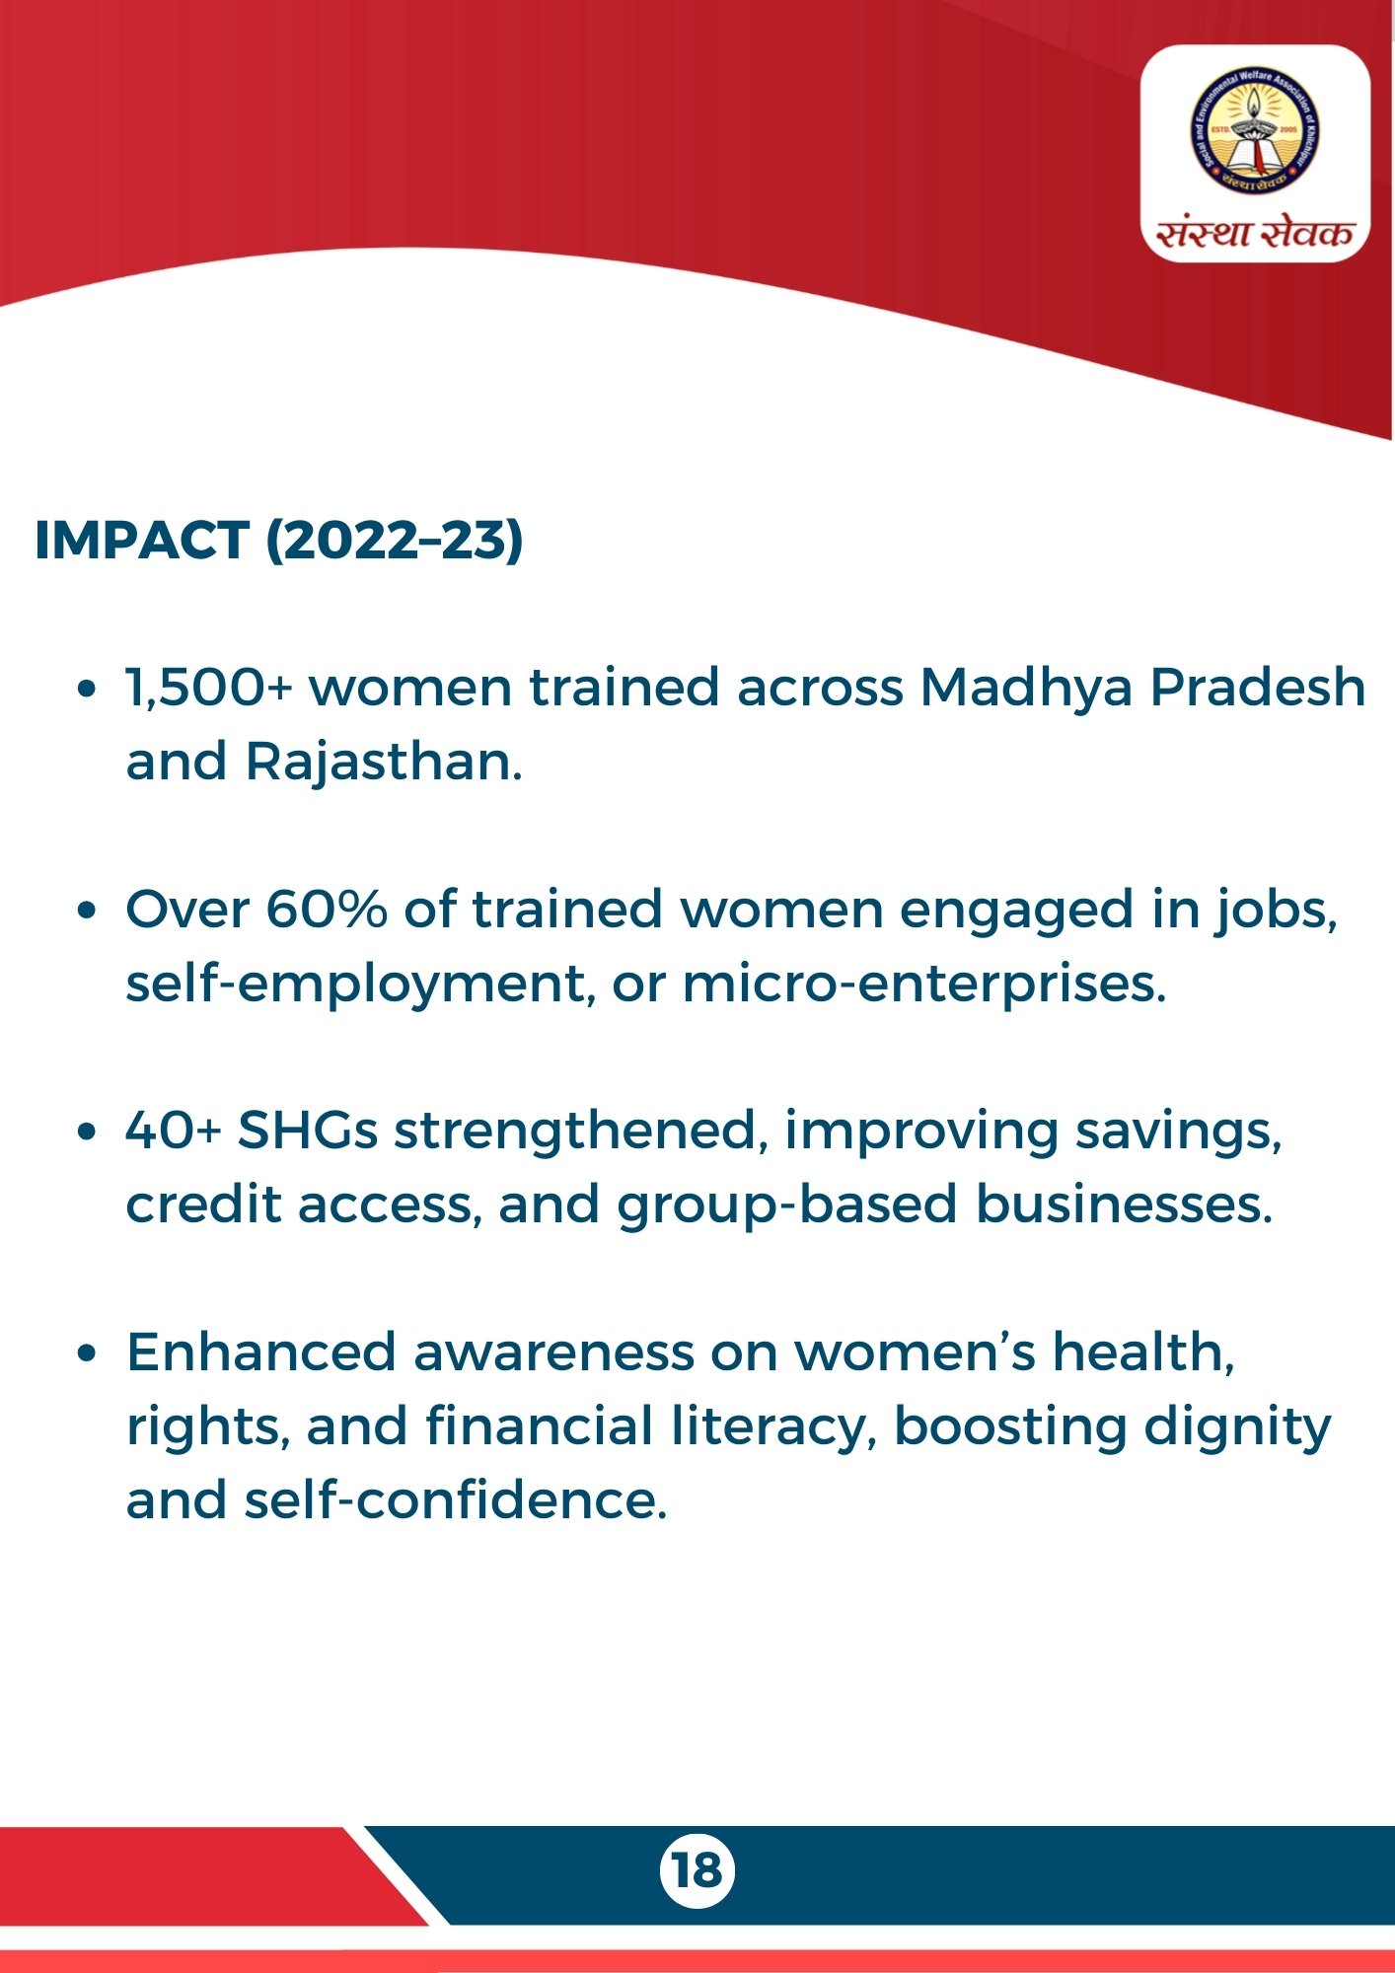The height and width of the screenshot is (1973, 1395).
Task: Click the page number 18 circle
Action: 697,1870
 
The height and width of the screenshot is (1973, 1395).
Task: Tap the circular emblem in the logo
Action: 1255,131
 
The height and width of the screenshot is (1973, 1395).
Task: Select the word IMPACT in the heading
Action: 142,540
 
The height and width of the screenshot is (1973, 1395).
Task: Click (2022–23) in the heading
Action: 395,541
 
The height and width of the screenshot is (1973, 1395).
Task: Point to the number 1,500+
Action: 209,687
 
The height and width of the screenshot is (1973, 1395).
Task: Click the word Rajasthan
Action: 384,762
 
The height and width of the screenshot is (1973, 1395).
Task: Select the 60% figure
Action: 327,909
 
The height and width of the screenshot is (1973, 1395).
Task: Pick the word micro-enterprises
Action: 924,985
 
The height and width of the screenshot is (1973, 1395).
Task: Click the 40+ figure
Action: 174,1131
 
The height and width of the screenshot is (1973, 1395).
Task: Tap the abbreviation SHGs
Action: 307,1131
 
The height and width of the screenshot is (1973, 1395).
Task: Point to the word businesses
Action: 1124,1205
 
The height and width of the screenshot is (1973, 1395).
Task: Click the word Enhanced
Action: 260,1352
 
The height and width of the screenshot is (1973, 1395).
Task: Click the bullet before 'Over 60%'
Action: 88,911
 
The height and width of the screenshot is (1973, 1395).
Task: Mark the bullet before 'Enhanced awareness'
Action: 88,1353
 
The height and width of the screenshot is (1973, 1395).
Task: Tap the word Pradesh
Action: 1258,687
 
